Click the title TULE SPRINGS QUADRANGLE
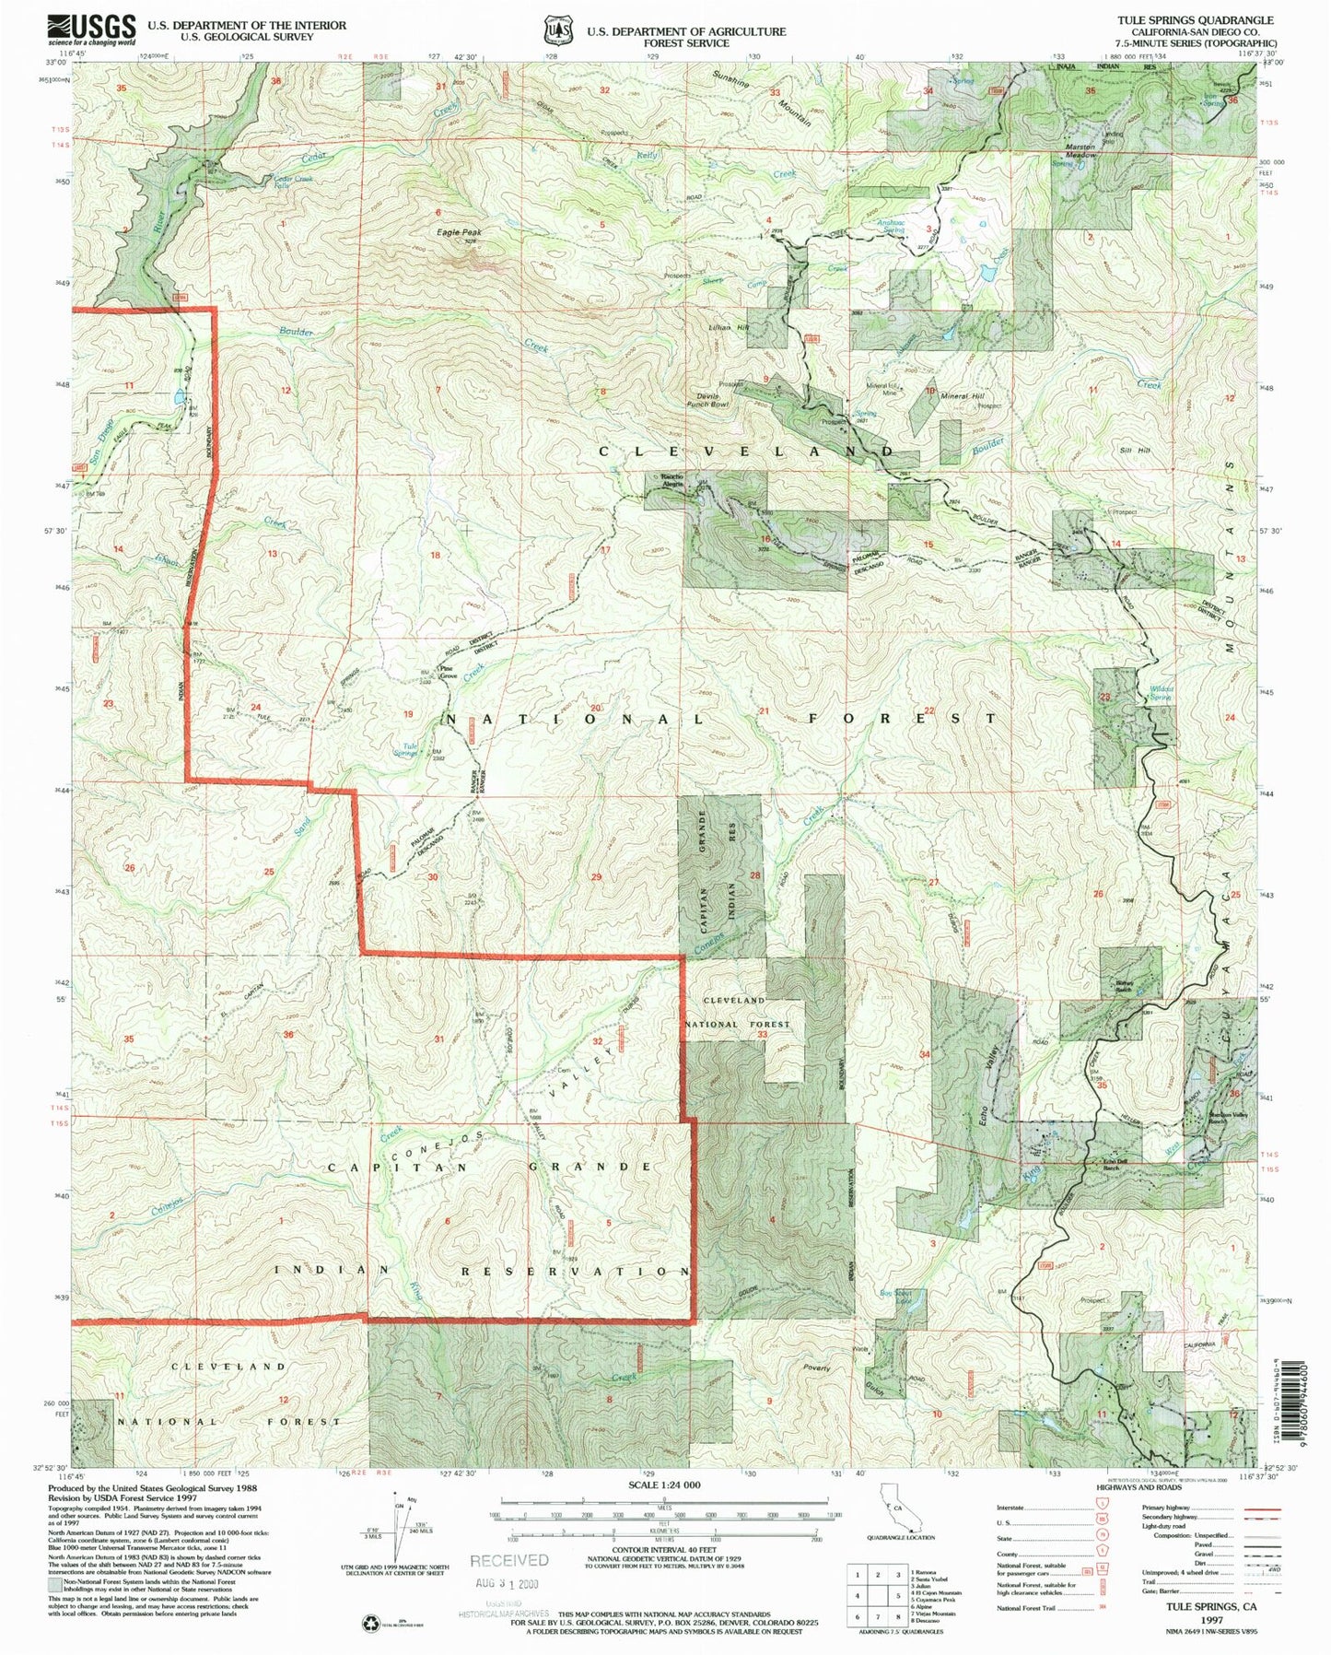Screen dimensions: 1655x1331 coord(1195,19)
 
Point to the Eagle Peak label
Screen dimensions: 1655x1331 coord(459,232)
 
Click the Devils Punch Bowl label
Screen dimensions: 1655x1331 coord(707,400)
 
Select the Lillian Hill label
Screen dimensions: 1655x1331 coord(730,327)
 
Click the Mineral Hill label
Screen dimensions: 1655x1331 coord(962,395)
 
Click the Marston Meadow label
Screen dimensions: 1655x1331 coord(1080,151)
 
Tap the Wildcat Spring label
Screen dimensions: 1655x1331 coord(1161,692)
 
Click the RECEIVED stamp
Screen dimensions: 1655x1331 coord(508,1560)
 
